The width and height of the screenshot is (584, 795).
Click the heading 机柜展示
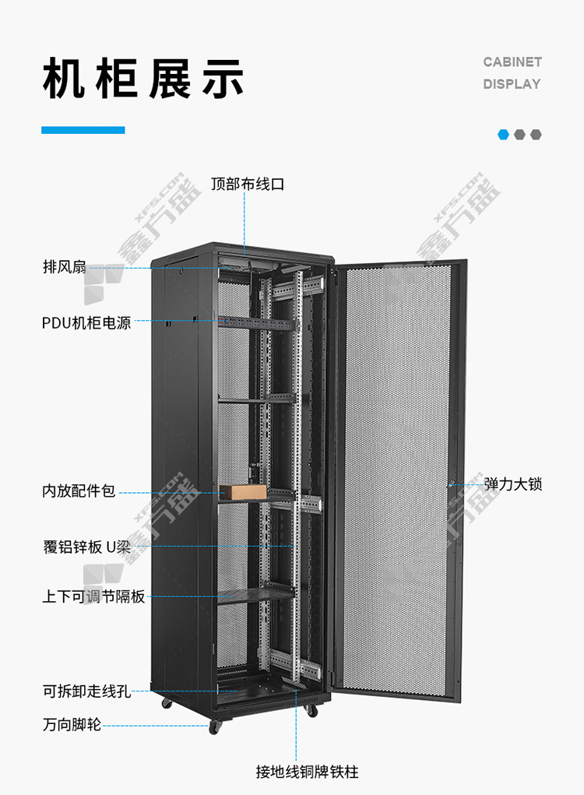pyautogui.click(x=143, y=79)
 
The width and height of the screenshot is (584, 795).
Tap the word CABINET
pyautogui.click(x=512, y=62)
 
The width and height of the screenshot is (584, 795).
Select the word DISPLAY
pyautogui.click(x=512, y=84)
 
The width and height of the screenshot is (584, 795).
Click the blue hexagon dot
pyautogui.click(x=503, y=135)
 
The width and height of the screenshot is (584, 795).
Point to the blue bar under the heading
pyautogui.click(x=83, y=130)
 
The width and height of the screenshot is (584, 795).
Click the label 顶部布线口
pyautogui.click(x=248, y=184)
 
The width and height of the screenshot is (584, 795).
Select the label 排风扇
pyautogui.click(x=65, y=266)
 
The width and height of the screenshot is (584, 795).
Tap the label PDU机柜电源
pyautogui.click(x=86, y=322)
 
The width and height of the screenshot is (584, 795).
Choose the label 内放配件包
pyautogui.click(x=79, y=491)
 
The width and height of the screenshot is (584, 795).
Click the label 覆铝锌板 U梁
pyautogui.click(x=86, y=547)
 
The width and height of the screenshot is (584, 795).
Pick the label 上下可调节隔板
pyautogui.click(x=93, y=596)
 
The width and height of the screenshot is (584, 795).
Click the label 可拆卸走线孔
pyautogui.click(x=86, y=691)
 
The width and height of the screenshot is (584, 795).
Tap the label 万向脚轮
pyautogui.click(x=72, y=724)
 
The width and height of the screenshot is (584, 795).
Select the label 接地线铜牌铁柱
pyautogui.click(x=308, y=771)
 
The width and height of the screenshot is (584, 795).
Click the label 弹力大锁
pyautogui.click(x=513, y=484)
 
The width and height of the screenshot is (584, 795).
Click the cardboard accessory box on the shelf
pyautogui.click(x=243, y=491)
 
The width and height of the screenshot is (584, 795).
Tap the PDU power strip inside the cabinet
pyautogui.click(x=255, y=322)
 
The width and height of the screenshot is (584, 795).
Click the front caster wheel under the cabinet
pyautogui.click(x=215, y=727)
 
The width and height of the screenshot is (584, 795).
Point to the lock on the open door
pyautogui.click(x=451, y=484)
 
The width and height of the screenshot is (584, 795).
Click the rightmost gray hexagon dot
pyautogui.click(x=536, y=135)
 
